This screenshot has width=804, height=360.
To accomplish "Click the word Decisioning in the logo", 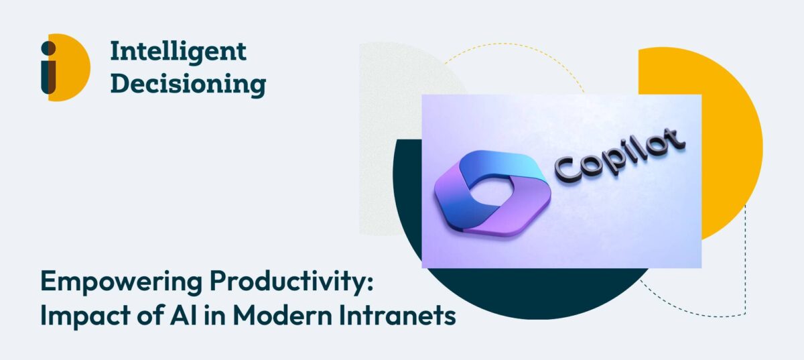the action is point(188,84).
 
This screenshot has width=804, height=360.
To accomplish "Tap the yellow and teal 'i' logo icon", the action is point(66,68).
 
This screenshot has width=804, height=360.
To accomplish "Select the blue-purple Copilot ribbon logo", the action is point(492,194).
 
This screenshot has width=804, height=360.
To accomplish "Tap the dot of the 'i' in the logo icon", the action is point(48,48).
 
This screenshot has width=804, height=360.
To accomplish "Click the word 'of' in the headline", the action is point(149,315).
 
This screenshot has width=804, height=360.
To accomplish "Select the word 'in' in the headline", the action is point(215,315).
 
